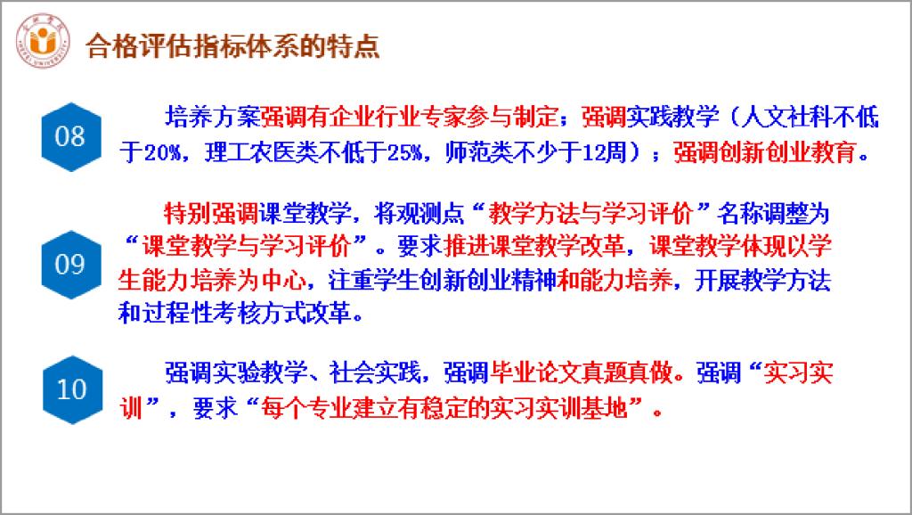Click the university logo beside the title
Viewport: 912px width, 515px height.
43,41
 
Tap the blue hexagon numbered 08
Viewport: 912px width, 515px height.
71,136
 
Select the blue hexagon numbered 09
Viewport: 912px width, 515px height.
71,265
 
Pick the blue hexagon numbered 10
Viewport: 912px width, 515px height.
72,389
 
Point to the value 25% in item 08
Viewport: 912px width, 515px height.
405,153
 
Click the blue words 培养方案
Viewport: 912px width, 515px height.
212,117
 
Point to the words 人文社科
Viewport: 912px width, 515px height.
786,117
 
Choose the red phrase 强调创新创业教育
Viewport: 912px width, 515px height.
765,153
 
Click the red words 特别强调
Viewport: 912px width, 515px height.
211,214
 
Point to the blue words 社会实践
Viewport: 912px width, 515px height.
375,372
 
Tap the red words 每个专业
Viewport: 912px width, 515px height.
306,408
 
